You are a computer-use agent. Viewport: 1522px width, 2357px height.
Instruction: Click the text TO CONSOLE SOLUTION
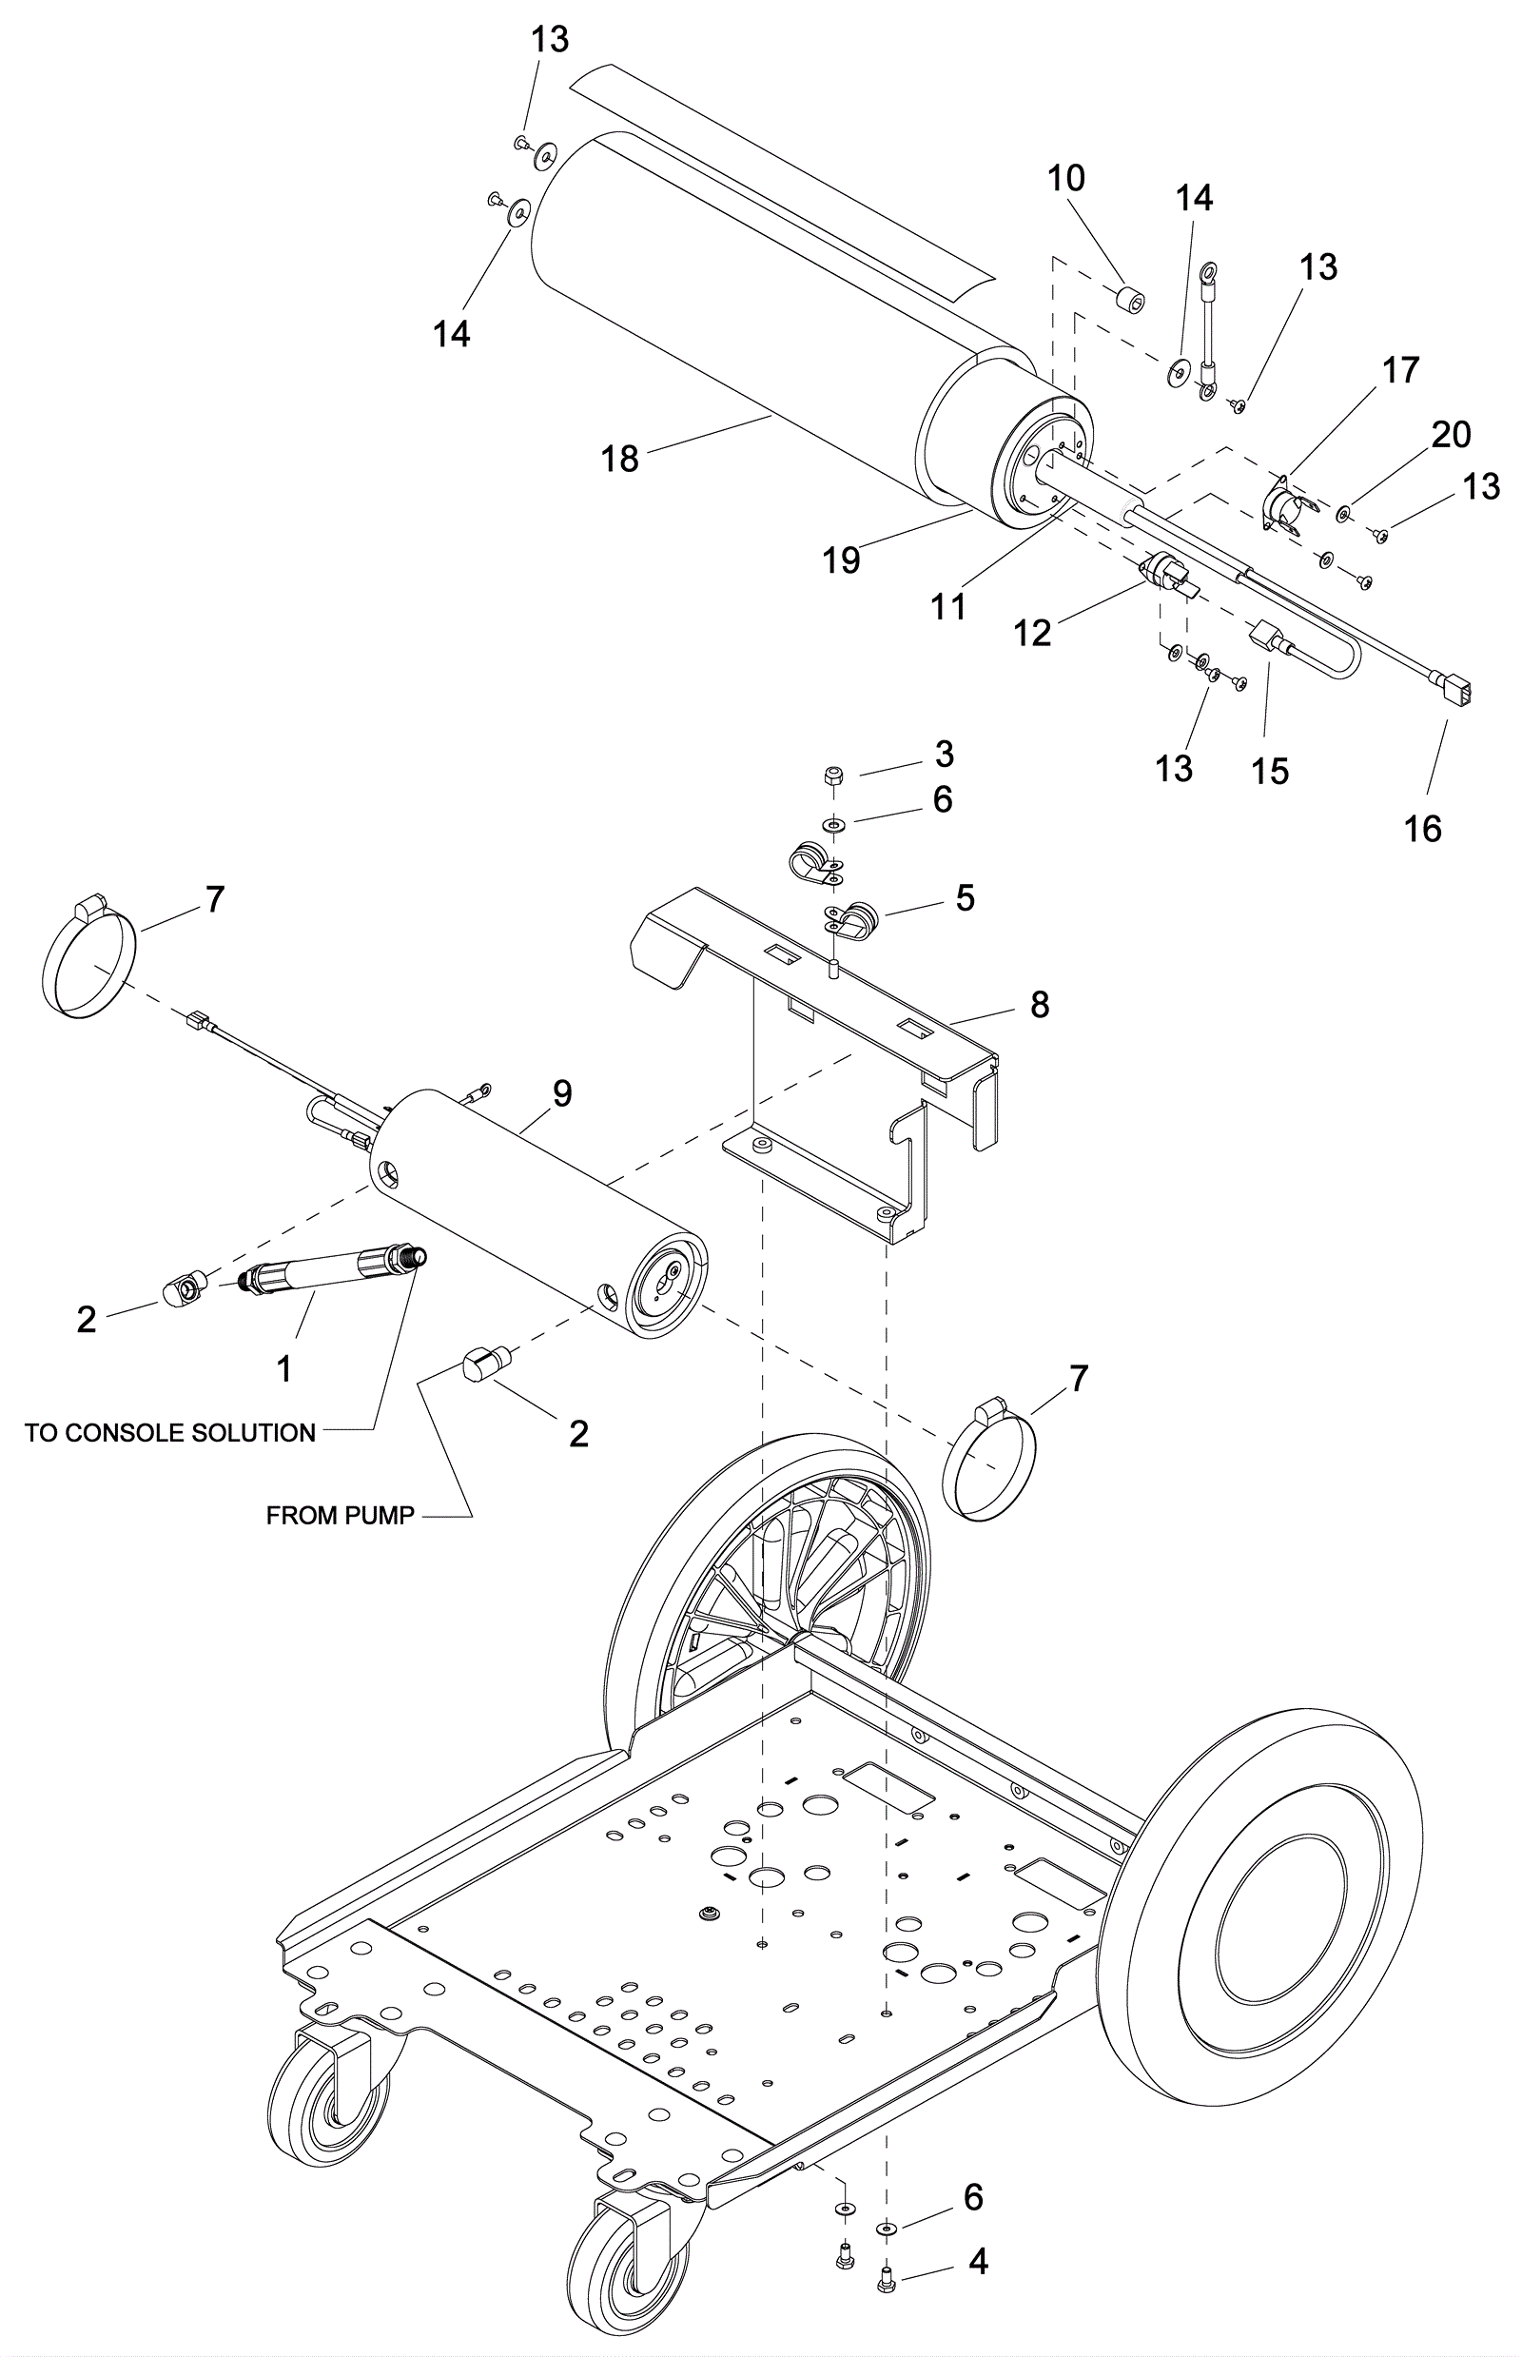pos(170,1433)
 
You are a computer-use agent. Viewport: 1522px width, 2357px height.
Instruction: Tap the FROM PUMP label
pos(340,1517)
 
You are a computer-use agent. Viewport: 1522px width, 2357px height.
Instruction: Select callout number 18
pos(620,459)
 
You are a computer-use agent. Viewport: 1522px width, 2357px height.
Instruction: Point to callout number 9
pos(561,1092)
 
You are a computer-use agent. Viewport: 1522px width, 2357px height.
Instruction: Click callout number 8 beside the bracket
pos(1040,1005)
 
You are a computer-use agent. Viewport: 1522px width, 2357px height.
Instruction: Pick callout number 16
pos(1423,829)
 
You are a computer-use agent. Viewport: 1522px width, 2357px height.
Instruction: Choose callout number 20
pos(1451,434)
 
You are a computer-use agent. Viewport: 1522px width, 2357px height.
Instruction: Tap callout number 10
pos(1066,178)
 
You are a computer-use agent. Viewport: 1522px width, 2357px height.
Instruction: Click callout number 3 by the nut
pos(944,755)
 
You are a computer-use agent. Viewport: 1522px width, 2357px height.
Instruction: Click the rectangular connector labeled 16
pos(1454,689)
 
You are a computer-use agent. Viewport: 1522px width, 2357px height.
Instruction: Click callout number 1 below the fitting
pos(283,1369)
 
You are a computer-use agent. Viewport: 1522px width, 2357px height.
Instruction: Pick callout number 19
pos(842,560)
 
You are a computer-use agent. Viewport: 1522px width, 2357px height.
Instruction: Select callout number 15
pos(1270,770)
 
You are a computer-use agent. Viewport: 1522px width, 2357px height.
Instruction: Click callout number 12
pos(1033,633)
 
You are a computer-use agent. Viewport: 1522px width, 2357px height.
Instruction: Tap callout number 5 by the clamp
pos(965,897)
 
